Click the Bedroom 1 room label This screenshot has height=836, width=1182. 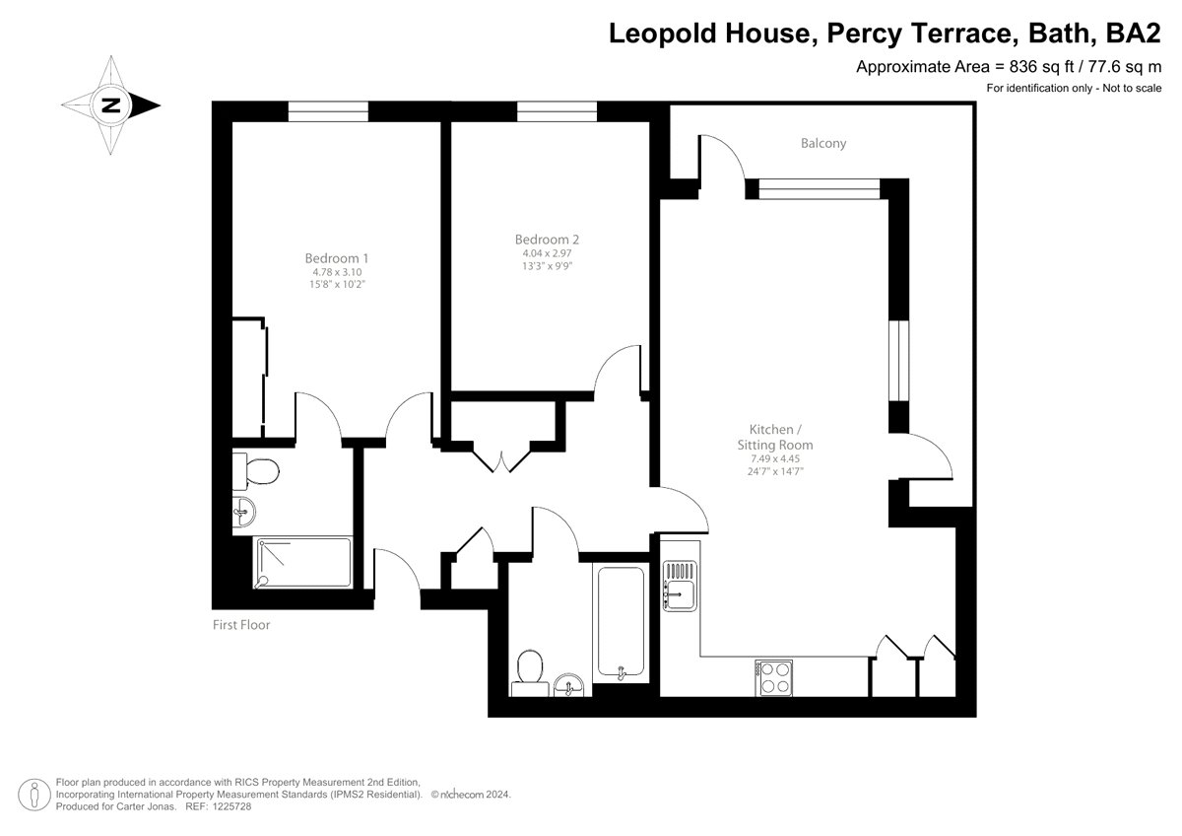[x=337, y=258]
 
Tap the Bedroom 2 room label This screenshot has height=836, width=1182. [x=548, y=240]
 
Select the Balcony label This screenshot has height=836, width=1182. [x=823, y=144]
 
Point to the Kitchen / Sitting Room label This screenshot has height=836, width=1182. [x=775, y=437]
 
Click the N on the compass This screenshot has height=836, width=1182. [x=110, y=105]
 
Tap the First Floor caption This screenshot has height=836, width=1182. [x=241, y=625]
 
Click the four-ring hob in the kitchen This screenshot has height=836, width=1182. [x=773, y=678]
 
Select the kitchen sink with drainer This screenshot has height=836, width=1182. [x=680, y=587]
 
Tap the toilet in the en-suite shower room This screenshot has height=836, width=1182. [x=256, y=471]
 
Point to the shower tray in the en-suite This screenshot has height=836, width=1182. [x=303, y=563]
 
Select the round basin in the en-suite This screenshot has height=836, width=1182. [x=244, y=512]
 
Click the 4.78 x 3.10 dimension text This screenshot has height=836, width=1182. [x=337, y=272]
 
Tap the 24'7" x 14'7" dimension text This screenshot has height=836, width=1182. [x=775, y=471]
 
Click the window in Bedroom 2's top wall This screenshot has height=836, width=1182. [x=557, y=111]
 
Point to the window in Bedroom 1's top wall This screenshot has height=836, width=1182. [x=328, y=111]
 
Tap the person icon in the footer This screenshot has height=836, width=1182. [x=34, y=795]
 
